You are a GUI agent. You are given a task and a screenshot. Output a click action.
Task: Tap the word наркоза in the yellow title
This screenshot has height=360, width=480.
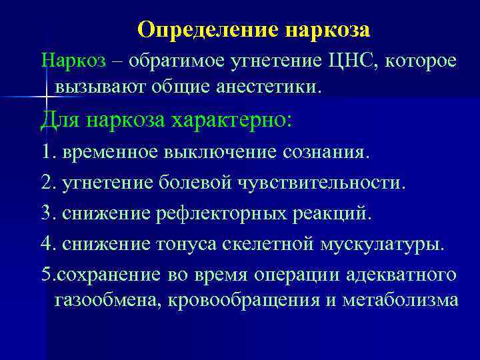pyautogui.click(x=327, y=31)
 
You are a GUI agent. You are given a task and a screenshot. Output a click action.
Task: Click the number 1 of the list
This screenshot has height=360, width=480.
pyautogui.click(x=45, y=152)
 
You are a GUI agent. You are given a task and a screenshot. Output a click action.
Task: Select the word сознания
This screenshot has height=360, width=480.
pyautogui.click(x=325, y=152)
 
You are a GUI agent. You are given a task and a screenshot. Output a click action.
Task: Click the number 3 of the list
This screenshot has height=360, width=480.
pyautogui.click(x=45, y=214)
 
